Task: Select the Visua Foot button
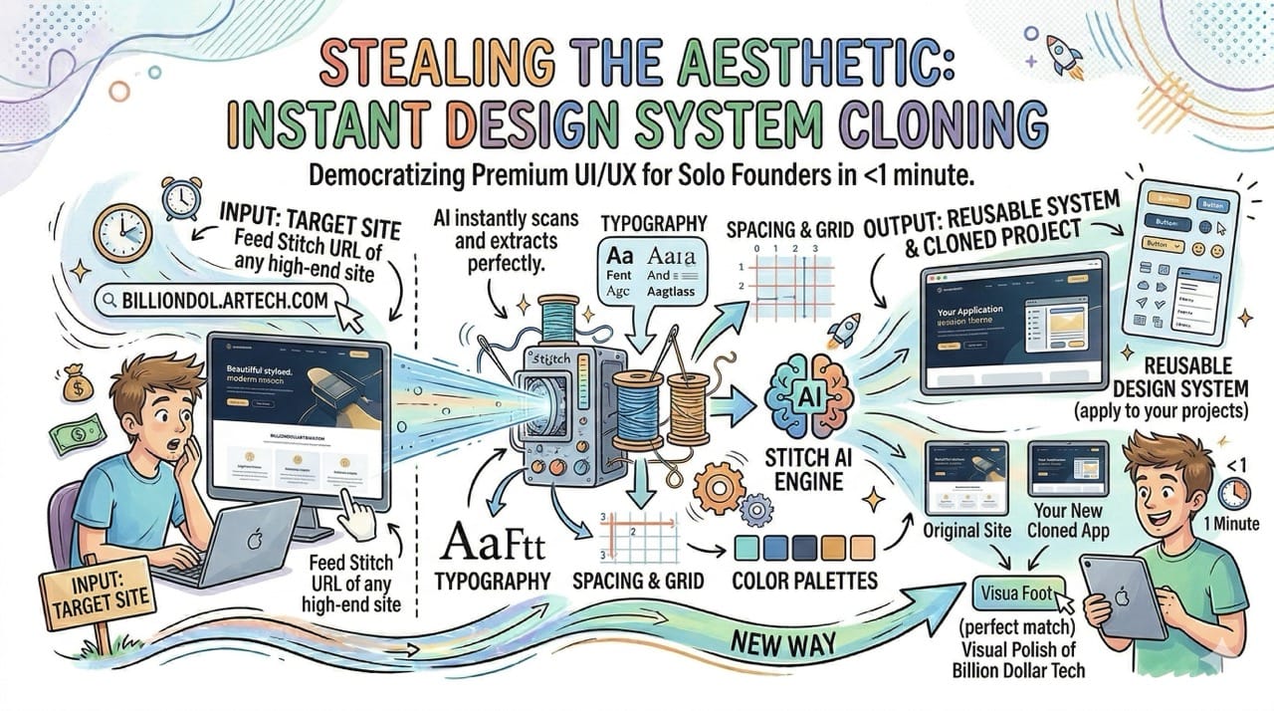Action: [1017, 593]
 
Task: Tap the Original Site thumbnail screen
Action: [965, 476]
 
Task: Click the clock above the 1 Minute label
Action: [1232, 492]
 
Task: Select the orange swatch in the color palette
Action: [862, 546]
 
